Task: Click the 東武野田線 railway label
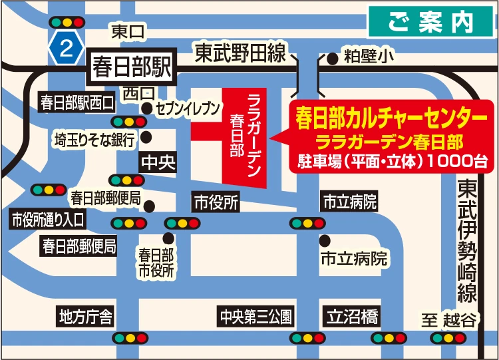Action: tap(240, 53)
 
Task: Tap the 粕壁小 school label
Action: tap(365, 58)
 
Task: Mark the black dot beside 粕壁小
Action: tap(333, 59)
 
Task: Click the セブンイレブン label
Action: tap(188, 108)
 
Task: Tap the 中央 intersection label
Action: tap(158, 163)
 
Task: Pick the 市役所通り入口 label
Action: tap(47, 219)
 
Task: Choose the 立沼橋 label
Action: tap(351, 315)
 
